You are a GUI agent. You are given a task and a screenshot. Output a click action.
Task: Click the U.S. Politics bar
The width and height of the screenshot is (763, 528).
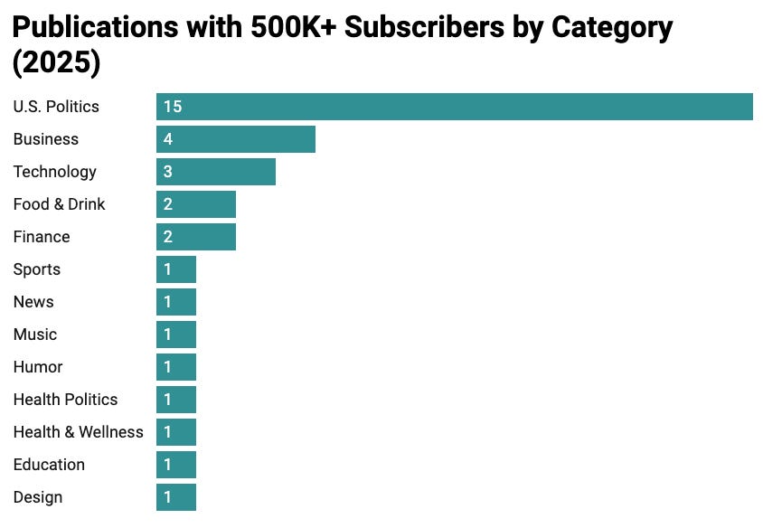point(454,107)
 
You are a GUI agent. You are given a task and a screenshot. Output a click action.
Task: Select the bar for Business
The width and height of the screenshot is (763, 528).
point(236,139)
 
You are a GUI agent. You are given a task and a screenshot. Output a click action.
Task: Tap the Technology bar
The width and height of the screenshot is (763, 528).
point(216,172)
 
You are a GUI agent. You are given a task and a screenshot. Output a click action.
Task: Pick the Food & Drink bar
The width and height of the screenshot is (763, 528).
point(196,204)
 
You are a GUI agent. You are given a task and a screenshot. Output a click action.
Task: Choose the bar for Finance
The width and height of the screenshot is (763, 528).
point(196,237)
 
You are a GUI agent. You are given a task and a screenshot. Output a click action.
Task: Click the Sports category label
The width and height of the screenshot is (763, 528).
point(37,269)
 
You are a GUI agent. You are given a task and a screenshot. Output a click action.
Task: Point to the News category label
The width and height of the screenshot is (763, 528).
point(33,302)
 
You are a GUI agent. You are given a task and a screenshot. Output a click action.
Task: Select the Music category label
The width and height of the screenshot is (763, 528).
point(35,335)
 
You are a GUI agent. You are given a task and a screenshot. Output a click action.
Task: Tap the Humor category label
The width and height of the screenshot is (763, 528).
point(38,367)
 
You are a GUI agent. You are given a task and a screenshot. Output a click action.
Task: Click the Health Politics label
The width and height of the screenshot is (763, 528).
point(65,400)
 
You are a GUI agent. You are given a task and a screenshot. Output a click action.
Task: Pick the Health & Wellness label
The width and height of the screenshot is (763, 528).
point(78,432)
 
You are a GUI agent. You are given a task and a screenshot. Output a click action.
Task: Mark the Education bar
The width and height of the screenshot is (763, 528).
point(176,465)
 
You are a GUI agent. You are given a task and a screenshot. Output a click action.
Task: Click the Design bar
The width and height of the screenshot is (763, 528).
point(176,497)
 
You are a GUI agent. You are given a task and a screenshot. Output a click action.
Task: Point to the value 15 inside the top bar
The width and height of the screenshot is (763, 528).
point(173,107)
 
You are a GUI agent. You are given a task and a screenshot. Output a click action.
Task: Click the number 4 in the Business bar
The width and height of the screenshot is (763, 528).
point(168,139)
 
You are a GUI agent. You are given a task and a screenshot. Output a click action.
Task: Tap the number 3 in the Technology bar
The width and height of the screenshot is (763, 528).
point(168,172)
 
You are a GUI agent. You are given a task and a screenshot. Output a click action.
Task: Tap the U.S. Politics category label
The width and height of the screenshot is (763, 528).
point(56,107)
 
